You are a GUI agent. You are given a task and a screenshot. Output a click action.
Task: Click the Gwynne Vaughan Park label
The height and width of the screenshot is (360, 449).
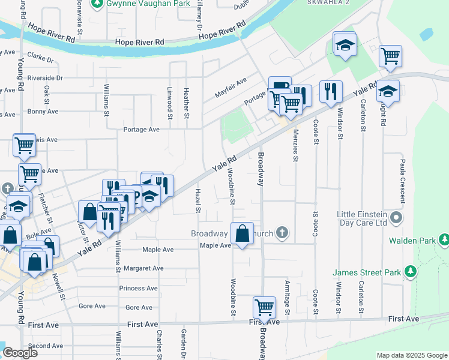coord(140,4)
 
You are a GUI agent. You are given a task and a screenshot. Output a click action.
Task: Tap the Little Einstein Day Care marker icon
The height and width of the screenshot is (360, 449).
coord(396,216)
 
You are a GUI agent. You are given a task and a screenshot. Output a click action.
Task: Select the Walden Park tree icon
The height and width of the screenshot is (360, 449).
coord(444,240)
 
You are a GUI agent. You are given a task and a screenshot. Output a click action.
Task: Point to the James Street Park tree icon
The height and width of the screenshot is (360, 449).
coord(410,272)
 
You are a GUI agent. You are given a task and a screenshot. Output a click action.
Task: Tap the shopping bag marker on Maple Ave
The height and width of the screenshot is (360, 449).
coord(241,234)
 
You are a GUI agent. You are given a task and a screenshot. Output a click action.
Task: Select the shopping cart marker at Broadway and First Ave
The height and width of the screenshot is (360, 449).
coord(264,307)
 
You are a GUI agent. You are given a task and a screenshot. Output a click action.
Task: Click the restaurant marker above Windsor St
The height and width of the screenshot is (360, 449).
coord(331,92)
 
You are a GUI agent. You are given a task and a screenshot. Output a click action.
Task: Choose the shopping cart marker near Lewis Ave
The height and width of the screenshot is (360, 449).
coord(24,145)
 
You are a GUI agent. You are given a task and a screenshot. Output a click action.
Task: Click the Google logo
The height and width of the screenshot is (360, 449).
coord(20,353)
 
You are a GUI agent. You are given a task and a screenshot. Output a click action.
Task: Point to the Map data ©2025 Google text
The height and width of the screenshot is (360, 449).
coord(411,355)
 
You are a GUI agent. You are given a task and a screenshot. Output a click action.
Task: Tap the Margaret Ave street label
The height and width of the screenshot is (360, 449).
coord(141,268)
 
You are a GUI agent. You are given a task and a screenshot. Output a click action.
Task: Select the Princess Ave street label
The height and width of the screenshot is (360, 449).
coord(139,289)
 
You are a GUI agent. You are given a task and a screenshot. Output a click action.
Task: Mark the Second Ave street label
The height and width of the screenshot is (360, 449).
coord(45,346)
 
